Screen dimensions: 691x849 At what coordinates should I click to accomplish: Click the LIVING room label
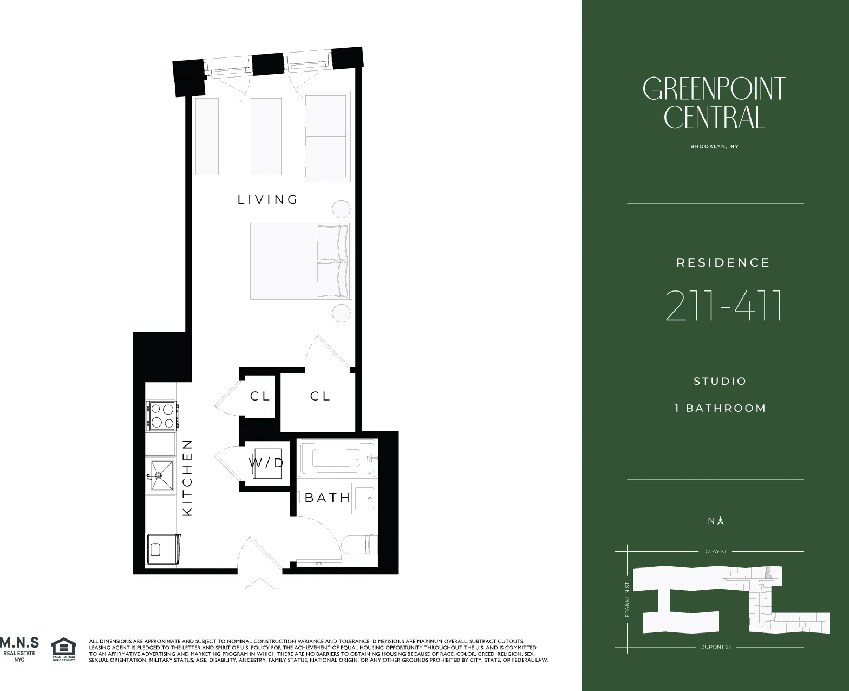point(268,199)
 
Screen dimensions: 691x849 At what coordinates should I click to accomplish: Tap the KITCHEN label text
point(187,477)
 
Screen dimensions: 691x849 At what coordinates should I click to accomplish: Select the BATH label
point(327,498)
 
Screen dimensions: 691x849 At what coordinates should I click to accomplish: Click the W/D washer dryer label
point(266,463)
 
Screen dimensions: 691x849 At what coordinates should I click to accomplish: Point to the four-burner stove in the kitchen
point(161,416)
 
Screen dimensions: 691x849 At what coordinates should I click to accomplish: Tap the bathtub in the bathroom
point(336,458)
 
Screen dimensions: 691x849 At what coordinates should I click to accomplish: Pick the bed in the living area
point(301,261)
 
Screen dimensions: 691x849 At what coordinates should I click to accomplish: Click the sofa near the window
point(328,136)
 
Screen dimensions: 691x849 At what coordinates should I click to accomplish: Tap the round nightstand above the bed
point(341,209)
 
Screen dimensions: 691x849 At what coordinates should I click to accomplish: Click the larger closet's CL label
point(320,396)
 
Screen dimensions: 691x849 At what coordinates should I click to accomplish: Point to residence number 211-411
point(723,306)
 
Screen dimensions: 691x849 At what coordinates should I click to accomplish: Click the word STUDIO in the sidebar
point(720,381)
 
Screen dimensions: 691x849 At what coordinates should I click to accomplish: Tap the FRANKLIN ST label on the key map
point(627,600)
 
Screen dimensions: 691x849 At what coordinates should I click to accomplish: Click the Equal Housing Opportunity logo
point(63,649)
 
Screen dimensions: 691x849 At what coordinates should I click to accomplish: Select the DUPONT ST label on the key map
point(715,647)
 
